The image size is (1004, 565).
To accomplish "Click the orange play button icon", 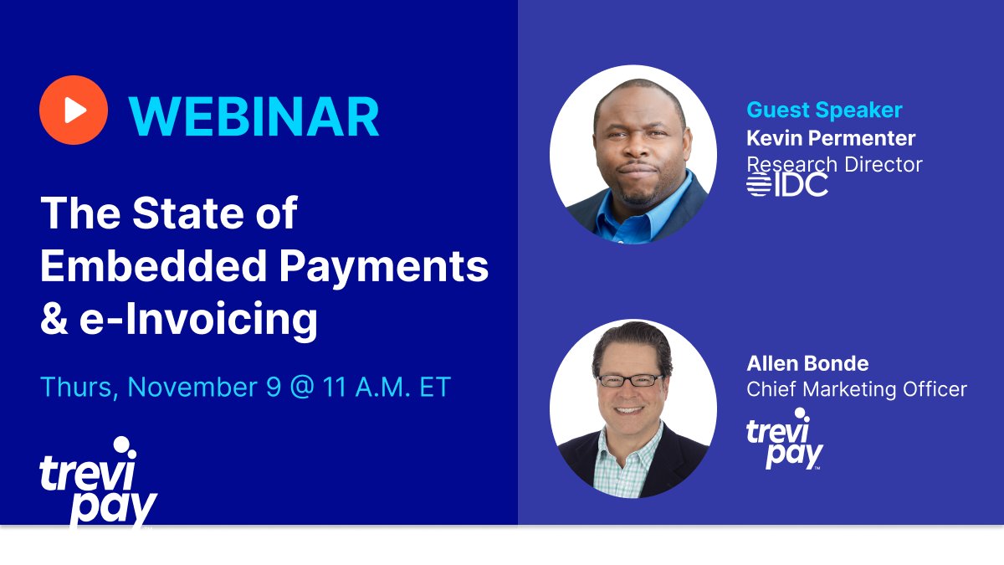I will (x=74, y=110).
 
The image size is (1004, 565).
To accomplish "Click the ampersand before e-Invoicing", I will (x=54, y=319).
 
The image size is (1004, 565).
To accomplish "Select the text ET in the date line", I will (x=436, y=387).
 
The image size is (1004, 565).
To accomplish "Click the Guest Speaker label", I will (x=824, y=110).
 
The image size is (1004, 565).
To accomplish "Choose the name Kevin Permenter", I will (x=831, y=137).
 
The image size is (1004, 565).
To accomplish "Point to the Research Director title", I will (x=834, y=164).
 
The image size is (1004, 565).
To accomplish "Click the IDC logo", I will (x=787, y=183).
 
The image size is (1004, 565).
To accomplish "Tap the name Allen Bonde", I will (x=807, y=363).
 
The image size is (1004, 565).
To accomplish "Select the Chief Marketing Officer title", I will (x=857, y=389).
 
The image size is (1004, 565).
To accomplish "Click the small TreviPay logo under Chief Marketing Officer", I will (x=784, y=439).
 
